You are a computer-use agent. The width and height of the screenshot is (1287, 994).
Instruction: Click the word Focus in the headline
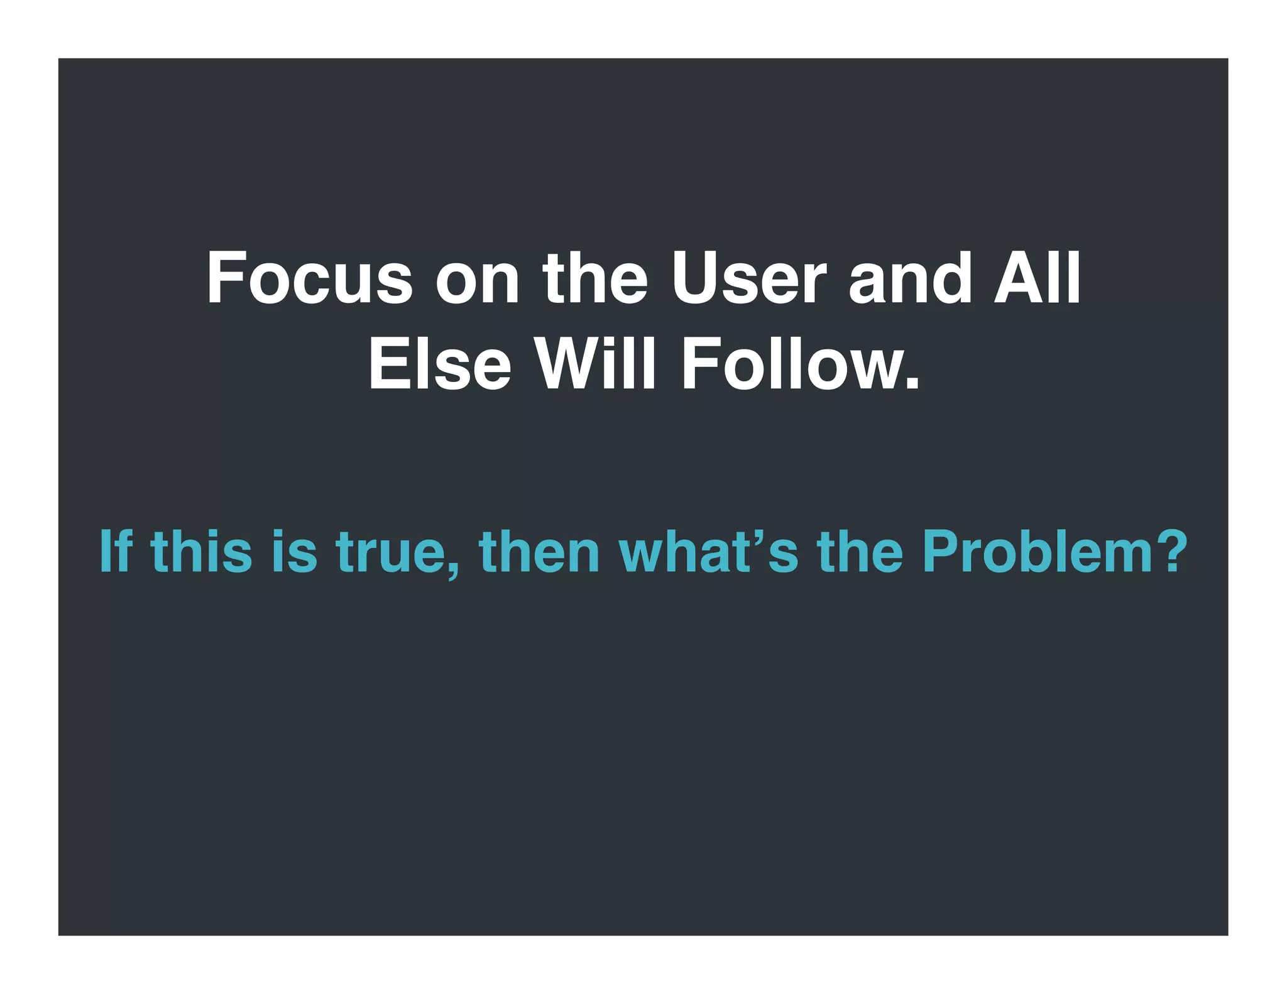(309, 278)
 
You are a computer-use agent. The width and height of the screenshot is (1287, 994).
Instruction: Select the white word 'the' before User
(594, 278)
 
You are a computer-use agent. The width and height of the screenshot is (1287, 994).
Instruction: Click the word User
(748, 278)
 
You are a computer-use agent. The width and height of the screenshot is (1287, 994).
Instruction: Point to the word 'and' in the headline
(910, 278)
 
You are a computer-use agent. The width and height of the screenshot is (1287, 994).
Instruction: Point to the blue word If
(116, 551)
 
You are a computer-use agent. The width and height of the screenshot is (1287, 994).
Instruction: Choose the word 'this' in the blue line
(202, 551)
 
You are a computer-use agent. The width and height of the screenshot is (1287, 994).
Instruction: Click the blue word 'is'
(295, 551)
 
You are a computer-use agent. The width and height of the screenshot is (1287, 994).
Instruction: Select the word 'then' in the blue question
(539, 551)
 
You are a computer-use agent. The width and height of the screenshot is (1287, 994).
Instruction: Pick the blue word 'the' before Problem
(859, 551)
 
